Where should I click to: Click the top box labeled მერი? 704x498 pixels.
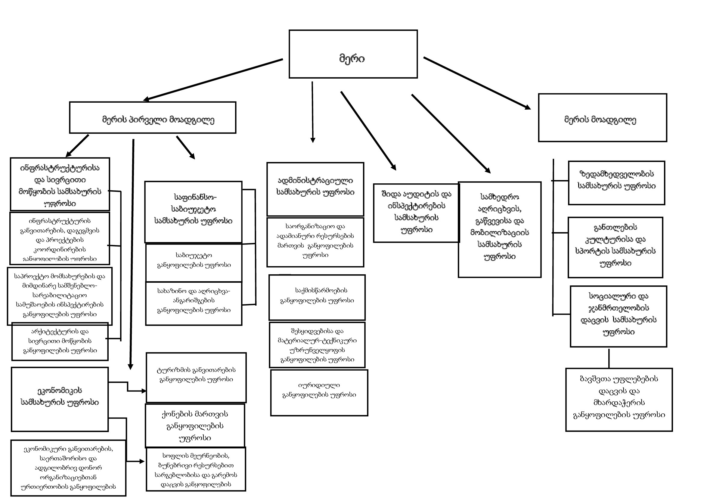[353, 54]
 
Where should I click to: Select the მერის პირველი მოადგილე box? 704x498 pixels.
[152, 118]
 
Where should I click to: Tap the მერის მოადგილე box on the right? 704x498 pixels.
[602, 118]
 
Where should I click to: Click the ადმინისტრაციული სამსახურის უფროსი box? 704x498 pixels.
[315, 189]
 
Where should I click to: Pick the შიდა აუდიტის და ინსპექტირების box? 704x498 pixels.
[416, 213]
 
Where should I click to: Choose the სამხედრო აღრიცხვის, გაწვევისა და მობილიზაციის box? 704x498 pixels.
[500, 229]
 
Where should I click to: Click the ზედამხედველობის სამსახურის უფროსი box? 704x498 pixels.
[616, 183]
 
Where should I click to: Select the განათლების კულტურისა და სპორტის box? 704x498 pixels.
[615, 247]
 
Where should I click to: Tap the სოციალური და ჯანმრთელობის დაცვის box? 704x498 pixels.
[618, 316]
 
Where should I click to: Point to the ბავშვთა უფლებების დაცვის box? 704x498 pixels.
[619, 400]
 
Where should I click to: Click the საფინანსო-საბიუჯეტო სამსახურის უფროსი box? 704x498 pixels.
[193, 212]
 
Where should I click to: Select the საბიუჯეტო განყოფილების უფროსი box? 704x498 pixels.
[194, 263]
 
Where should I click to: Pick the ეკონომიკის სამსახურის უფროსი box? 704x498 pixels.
[60, 399]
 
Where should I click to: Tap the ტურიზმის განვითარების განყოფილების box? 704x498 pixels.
[196, 378]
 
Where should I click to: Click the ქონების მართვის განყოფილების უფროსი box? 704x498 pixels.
[195, 425]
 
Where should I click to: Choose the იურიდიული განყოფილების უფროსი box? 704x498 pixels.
[319, 393]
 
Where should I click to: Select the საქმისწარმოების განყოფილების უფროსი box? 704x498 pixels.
[317, 297]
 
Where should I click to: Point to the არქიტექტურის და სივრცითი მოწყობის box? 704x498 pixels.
[60, 341]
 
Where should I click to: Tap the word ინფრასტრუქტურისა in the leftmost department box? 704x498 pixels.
[60, 168]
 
